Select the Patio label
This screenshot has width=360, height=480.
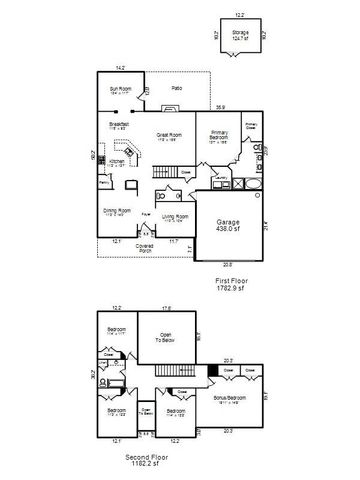[176, 88]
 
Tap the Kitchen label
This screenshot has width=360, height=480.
[116, 162]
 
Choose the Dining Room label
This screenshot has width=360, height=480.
[117, 212]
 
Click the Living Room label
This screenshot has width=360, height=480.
[176, 218]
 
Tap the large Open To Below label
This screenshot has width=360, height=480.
[166, 338]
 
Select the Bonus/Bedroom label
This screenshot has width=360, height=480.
[229, 399]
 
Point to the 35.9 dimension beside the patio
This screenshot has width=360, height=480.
[222, 107]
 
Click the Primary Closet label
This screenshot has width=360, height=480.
[252, 127]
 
